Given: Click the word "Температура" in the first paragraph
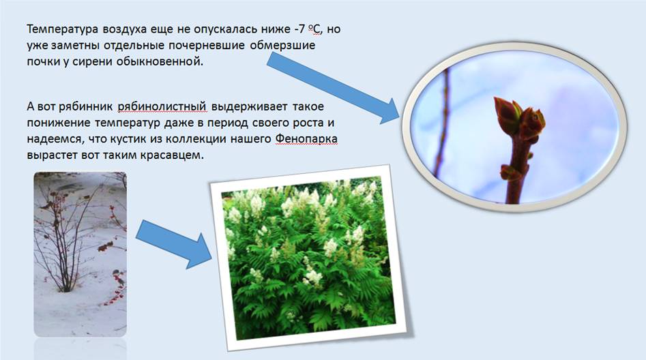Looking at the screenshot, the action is pyautogui.click(x=63, y=29).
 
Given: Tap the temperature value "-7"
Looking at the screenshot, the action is pyautogui.click(x=299, y=29).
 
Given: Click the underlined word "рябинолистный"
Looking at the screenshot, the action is pyautogui.click(x=162, y=106).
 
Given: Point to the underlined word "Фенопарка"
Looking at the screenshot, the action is pyautogui.click(x=306, y=139).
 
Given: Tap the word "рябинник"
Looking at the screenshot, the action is pyautogui.click(x=85, y=106).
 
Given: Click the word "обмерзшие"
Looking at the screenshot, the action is pyautogui.click(x=282, y=45).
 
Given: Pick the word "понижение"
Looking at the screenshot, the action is pyautogui.click(x=59, y=123).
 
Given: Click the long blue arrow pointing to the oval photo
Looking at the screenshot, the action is pyautogui.click(x=333, y=88).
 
